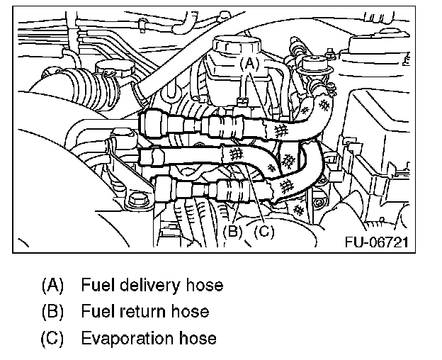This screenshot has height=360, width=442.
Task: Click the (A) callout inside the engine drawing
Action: pos(249,63)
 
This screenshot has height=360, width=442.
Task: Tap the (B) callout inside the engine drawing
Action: pos(234,230)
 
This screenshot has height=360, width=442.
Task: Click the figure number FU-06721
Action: pos(375,242)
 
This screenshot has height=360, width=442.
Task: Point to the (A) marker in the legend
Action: pos(53,286)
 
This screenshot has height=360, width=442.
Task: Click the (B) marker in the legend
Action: pos(53,311)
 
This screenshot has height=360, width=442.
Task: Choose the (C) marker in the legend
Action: pos(53,337)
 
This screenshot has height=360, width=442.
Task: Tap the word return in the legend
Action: pos(142,312)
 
